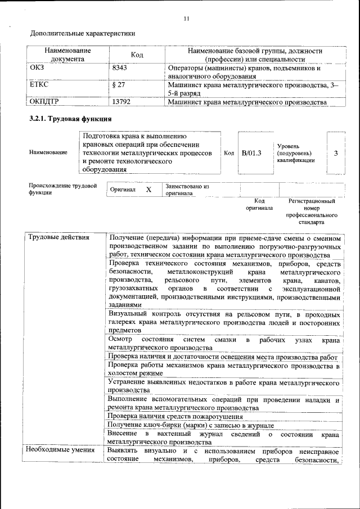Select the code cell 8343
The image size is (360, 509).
click(120, 69)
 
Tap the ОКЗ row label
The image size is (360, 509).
click(37, 69)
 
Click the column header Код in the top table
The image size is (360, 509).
click(137, 55)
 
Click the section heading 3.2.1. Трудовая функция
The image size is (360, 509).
click(70, 119)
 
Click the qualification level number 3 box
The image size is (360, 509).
click(336, 153)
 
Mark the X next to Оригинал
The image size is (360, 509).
click(148, 190)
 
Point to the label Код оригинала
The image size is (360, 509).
click(259, 204)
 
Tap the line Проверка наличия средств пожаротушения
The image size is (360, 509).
click(175, 417)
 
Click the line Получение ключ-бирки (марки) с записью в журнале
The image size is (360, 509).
click(190, 425)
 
